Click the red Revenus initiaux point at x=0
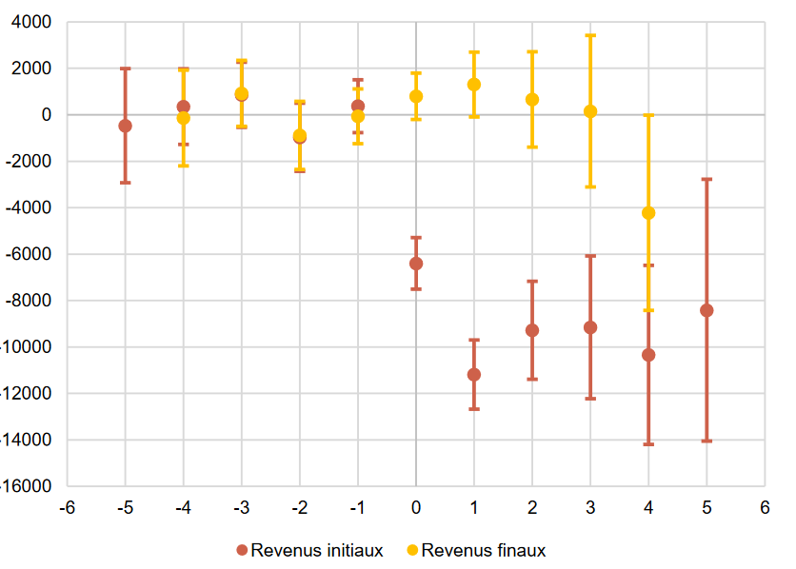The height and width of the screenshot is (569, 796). pyautogui.click(x=416, y=264)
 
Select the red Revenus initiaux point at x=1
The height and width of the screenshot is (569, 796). pyautogui.click(x=474, y=375)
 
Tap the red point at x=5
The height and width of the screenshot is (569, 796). pyautogui.click(x=706, y=310)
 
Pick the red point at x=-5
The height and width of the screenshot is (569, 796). pyautogui.click(x=125, y=126)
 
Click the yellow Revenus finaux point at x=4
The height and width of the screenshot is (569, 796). pyautogui.click(x=648, y=213)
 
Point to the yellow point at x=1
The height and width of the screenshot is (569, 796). pyautogui.click(x=474, y=85)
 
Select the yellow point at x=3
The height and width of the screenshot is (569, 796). pyautogui.click(x=590, y=111)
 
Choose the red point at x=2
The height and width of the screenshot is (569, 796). pyautogui.click(x=532, y=330)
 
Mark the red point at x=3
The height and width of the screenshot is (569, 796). pyautogui.click(x=590, y=327)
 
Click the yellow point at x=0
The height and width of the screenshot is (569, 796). pyautogui.click(x=416, y=96)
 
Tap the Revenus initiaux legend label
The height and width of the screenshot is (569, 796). pyautogui.click(x=317, y=550)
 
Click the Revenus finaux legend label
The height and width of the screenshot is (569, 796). pyautogui.click(x=483, y=550)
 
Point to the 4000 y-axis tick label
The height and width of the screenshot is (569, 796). pyautogui.click(x=33, y=22)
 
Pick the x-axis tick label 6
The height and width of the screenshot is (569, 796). pyautogui.click(x=765, y=507)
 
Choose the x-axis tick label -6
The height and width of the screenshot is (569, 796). pyautogui.click(x=67, y=507)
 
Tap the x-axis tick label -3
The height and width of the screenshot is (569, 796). pyautogui.click(x=241, y=507)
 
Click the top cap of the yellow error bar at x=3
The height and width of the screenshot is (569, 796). pyautogui.click(x=590, y=35)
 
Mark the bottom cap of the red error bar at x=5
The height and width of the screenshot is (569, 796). pyautogui.click(x=706, y=441)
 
